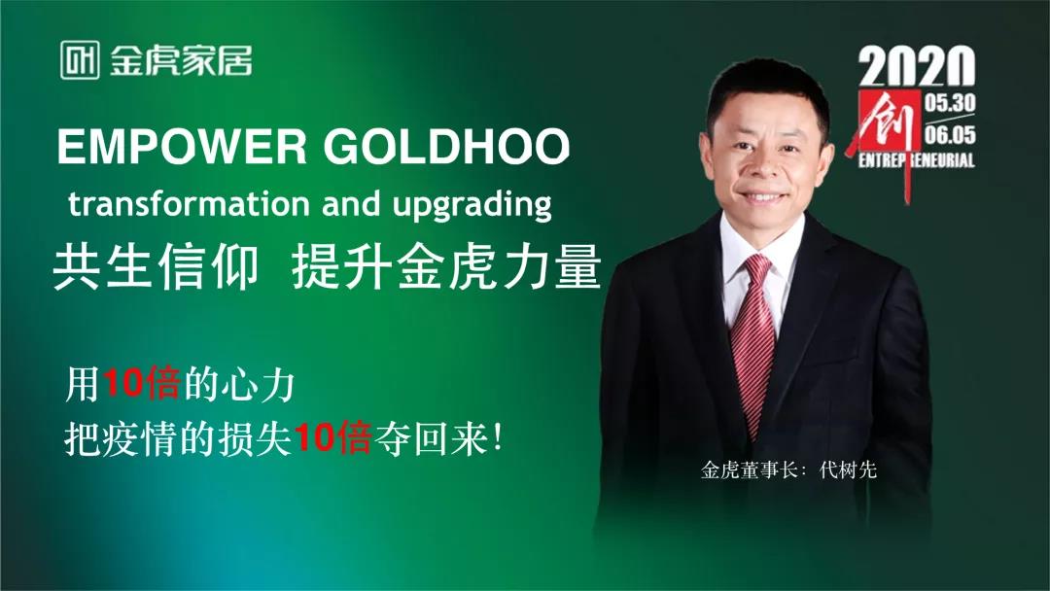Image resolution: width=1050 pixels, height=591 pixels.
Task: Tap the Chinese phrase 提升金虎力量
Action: (x=446, y=266)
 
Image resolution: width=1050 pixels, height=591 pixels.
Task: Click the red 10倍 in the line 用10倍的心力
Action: (x=141, y=385)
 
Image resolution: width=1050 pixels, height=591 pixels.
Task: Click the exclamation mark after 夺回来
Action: (x=499, y=439)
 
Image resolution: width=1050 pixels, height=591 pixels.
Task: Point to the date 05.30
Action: (x=951, y=101)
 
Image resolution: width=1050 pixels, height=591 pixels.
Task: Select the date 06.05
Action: (x=951, y=134)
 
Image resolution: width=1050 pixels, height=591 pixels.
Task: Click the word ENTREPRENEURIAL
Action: (x=916, y=160)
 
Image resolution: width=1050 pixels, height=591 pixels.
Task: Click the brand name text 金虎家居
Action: (x=180, y=60)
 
